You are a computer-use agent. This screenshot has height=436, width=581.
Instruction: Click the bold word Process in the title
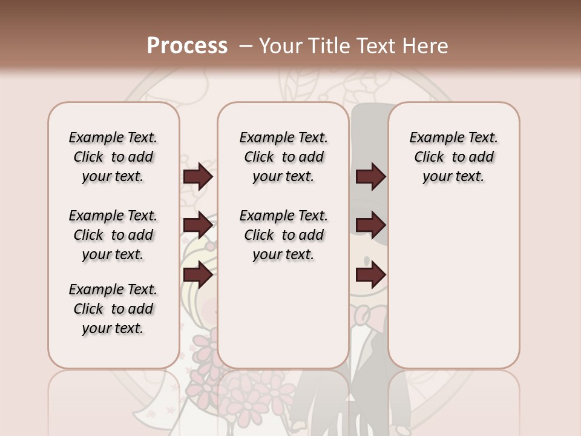coord(187,46)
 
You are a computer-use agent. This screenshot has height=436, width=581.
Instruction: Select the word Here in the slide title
coord(426,46)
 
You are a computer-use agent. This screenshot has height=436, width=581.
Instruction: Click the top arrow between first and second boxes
coord(198,176)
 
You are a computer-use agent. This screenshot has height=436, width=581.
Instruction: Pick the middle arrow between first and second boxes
coord(198,225)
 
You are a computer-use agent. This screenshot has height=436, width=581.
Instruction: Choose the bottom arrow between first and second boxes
coord(198,275)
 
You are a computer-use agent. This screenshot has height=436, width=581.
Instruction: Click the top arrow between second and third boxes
coord(370,176)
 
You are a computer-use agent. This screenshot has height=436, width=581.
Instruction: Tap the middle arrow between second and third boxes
coord(370,225)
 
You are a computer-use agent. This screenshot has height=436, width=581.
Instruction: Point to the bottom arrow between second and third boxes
coord(370,275)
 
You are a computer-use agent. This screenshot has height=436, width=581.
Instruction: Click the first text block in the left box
coord(113,157)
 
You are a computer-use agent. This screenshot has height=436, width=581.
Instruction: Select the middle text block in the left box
coord(113,235)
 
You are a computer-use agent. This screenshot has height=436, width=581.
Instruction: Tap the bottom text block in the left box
coord(113,309)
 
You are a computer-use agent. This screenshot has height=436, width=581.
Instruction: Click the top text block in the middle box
coord(283,157)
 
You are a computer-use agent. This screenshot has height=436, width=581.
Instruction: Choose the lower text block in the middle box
coord(283,235)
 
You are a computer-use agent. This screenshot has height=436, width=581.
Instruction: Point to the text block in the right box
coord(453,157)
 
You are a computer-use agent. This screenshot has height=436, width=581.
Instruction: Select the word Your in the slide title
coord(279,46)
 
